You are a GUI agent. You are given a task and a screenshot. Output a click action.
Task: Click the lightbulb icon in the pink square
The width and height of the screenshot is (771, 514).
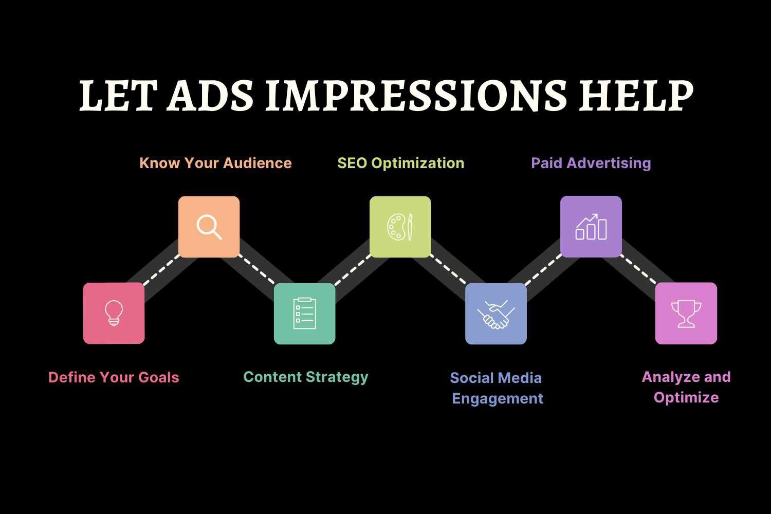[x=114, y=313]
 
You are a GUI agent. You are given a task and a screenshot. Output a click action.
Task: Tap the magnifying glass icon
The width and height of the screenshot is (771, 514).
[x=209, y=227]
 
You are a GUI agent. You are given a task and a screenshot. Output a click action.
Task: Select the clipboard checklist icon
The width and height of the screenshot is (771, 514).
[x=305, y=313]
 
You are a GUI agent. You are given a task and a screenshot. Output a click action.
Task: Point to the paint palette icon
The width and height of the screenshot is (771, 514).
[x=400, y=227]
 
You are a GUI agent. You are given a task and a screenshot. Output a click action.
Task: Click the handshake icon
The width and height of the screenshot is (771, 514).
[x=496, y=314]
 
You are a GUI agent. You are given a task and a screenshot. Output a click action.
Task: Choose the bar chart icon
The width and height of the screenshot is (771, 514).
[x=591, y=227]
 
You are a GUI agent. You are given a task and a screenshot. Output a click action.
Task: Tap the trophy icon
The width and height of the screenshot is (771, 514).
[x=686, y=314]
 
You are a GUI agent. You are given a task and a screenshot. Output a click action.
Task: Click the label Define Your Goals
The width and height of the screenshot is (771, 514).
[x=114, y=377]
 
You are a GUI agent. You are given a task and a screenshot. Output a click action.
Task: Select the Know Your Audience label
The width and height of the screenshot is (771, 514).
[x=215, y=163]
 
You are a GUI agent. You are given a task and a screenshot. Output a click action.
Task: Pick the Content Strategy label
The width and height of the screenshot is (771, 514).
[x=306, y=377]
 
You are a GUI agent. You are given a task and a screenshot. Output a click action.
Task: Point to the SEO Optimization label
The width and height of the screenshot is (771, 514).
[x=400, y=163]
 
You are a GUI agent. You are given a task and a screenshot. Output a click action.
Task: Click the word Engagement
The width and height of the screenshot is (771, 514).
[x=498, y=399]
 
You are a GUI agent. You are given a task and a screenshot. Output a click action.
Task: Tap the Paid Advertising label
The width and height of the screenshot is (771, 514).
[x=591, y=163]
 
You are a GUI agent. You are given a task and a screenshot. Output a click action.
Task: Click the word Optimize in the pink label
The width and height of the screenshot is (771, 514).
[x=686, y=398]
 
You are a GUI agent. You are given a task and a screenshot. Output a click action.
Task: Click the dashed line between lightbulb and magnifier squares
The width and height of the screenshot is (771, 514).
[x=161, y=270]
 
